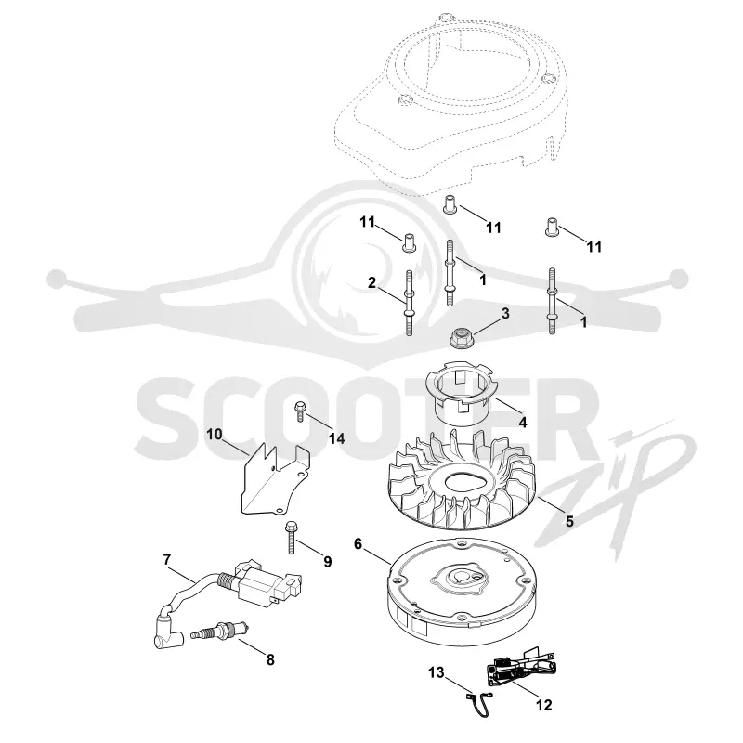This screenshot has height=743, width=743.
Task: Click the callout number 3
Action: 505,313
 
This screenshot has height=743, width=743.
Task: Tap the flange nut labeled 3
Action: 458,338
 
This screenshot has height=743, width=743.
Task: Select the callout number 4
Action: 523,422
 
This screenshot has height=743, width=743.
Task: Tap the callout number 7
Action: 167,560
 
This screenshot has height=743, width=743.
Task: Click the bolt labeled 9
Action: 291,538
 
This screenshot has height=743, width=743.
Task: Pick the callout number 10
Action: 215,434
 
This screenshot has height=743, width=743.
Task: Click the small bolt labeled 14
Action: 299,411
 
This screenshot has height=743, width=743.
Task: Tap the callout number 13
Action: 437,671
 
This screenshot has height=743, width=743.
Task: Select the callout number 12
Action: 544,705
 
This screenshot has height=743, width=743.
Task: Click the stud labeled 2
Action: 410,304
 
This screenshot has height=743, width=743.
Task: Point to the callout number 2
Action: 371,282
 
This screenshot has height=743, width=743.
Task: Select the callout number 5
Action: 569,521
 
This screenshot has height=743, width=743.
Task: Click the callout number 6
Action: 358,544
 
